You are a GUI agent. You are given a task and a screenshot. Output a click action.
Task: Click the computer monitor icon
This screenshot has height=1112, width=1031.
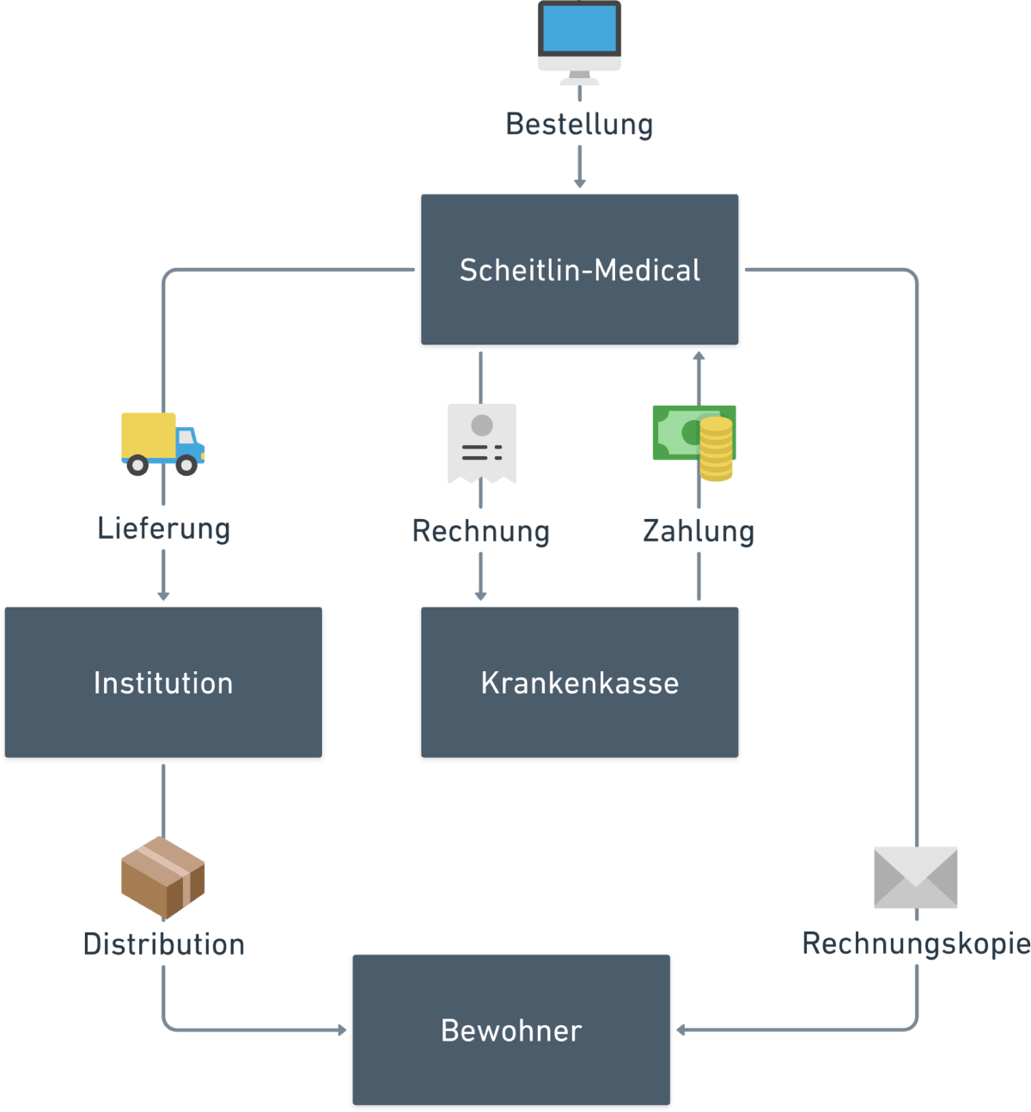pos(579,39)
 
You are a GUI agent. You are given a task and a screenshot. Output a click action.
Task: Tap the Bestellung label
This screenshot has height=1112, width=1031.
pos(579,124)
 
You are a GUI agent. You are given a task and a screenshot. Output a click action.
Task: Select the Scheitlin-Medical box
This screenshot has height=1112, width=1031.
pos(579,270)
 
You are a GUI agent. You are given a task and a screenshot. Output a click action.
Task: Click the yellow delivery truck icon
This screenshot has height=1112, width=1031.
pos(162,443)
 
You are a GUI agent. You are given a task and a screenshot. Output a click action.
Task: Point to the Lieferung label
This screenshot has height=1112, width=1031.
pos(163,528)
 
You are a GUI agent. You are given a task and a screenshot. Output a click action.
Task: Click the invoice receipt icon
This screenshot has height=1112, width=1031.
pos(481,443)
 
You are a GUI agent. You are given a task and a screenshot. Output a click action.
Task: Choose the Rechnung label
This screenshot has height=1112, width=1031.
pos(480,530)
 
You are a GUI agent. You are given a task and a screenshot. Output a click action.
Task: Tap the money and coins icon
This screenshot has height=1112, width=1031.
pos(693,441)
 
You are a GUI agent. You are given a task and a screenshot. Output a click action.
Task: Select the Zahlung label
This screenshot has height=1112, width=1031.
pos(698,530)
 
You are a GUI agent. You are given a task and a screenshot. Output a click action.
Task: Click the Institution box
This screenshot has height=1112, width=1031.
pos(163,682)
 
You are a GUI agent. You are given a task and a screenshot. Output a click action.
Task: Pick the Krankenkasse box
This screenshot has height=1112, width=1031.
pos(579,682)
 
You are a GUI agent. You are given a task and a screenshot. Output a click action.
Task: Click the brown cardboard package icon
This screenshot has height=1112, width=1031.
pos(163,877)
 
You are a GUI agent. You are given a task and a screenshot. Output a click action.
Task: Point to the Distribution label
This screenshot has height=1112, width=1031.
pos(163,944)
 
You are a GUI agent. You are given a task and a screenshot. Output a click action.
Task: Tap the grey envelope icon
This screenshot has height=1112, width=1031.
pos(915,877)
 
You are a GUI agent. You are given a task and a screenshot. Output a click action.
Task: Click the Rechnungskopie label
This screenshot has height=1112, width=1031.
pos(915,943)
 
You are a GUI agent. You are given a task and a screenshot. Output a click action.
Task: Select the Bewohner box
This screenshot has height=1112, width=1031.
pos(511,1030)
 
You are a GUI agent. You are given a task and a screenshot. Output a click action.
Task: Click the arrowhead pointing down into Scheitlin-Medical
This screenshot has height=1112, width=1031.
pos(579,182)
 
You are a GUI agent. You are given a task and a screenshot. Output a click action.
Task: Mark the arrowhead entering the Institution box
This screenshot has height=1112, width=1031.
pos(163,596)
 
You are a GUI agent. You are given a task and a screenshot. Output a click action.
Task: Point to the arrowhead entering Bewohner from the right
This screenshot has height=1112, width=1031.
pos(681,1030)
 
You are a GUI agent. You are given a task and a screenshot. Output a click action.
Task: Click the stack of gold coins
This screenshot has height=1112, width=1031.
pos(716,449)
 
